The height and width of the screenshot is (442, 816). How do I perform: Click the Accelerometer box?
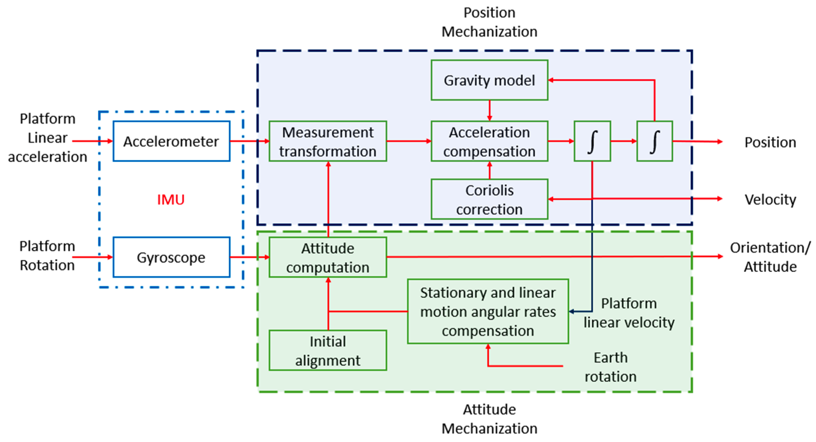click(171, 141)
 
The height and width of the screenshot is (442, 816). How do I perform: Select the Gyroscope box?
click(171, 257)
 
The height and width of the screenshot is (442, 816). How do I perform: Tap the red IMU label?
click(171, 200)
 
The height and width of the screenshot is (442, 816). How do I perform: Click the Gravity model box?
click(489, 80)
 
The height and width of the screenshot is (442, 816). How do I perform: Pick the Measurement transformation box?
click(328, 142)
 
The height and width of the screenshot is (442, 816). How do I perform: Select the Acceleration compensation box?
click(489, 142)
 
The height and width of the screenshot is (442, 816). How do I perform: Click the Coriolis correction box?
click(489, 200)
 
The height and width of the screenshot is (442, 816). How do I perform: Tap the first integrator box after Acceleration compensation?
click(592, 142)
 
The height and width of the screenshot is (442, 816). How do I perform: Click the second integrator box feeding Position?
click(654, 142)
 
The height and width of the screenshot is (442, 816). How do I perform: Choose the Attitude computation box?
click(328, 258)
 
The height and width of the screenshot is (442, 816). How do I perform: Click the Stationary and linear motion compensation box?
click(488, 312)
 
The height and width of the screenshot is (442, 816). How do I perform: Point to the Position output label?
click(770, 143)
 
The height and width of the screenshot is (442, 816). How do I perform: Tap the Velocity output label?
click(770, 200)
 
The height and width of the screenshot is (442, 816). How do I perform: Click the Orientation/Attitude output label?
click(770, 257)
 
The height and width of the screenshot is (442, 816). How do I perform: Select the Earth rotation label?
click(610, 367)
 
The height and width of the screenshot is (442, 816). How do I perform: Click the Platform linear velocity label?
click(629, 313)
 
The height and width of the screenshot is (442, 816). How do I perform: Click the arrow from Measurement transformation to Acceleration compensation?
click(409, 141)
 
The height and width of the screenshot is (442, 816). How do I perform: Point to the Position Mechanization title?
click(489, 22)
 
